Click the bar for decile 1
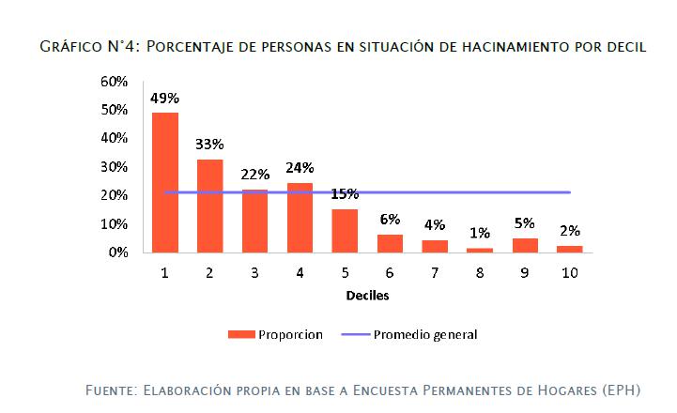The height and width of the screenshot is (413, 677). (165, 182)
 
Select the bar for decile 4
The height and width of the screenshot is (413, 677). (300, 218)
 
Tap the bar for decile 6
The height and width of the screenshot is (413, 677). (390, 243)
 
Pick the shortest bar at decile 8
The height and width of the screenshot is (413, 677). (480, 250)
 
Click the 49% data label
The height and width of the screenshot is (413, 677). (165, 98)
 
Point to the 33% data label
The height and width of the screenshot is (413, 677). (209, 145)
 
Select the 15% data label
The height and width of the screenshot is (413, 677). (345, 194)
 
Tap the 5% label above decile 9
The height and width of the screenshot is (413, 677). (524, 223)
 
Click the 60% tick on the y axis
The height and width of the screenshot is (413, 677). (114, 82)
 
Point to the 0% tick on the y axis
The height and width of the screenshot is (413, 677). (117, 252)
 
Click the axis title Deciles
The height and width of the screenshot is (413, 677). (366, 295)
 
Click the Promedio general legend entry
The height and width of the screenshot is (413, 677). (425, 334)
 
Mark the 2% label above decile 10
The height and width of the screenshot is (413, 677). (569, 231)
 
